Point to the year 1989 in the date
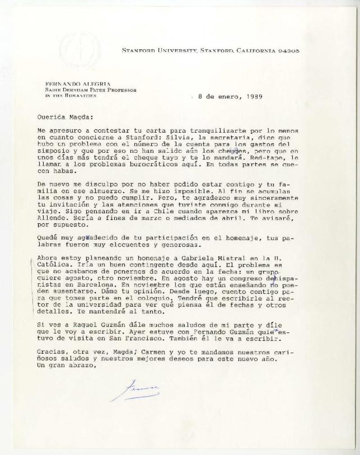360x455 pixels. tap(254, 96)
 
